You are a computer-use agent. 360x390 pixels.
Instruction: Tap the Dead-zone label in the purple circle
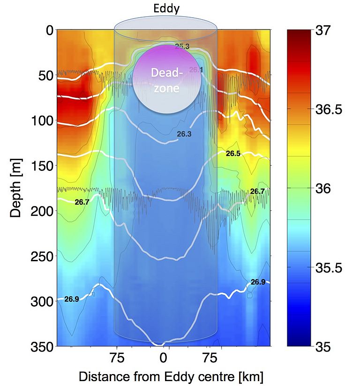click(166, 80)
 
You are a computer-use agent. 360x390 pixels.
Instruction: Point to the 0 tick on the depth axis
click(49, 30)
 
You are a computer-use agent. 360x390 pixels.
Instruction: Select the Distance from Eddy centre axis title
click(171, 377)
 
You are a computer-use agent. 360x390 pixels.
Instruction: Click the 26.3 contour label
click(184, 134)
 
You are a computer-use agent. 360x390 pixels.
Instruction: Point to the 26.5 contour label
click(233, 153)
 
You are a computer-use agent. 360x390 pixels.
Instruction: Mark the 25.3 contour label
click(182, 47)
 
